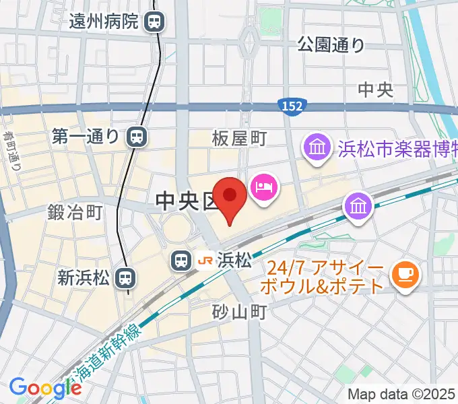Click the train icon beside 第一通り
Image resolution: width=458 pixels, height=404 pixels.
136,137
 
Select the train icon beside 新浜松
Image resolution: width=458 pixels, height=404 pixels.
125,277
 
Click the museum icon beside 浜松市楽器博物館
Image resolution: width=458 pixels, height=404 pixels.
315,147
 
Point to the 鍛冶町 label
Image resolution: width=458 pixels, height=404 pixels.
74,213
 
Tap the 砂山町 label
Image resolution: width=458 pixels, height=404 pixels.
239,312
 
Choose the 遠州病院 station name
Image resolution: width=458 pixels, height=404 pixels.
104,22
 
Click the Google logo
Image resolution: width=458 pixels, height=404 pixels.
45,388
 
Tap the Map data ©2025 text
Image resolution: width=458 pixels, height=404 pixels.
401,394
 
